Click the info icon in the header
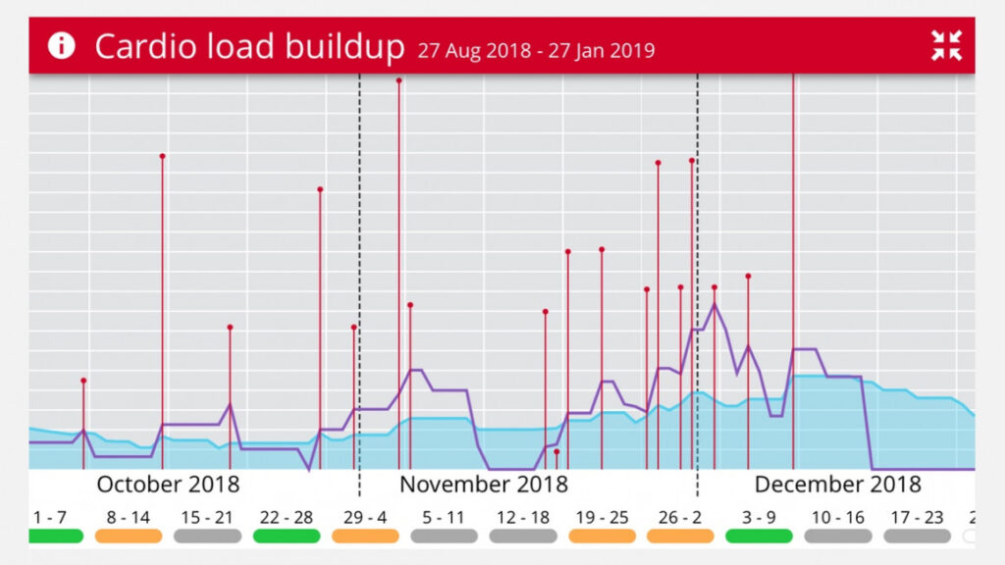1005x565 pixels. (61, 45)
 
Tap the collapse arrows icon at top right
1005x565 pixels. (946, 45)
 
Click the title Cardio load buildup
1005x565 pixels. (249, 46)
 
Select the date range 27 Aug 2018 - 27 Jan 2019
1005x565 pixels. (536, 50)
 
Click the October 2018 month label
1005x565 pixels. (168, 484)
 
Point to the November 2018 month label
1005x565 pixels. (483, 484)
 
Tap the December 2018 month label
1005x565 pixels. (837, 484)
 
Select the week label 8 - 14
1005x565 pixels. (129, 517)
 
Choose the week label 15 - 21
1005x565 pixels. (207, 517)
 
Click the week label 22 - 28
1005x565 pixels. (286, 517)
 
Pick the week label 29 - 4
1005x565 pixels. (365, 517)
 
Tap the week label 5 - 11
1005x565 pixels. (444, 517)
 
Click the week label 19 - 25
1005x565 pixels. (602, 517)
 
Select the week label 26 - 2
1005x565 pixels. (680, 517)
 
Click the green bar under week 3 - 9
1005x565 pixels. (759, 536)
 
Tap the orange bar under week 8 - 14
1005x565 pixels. (129, 536)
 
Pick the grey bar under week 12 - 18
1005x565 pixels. (522, 536)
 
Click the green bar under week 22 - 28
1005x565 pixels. (286, 536)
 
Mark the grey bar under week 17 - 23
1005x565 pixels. (917, 536)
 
